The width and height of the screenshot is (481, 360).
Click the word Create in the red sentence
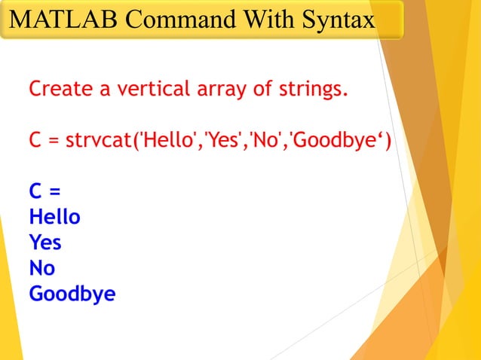point(61,90)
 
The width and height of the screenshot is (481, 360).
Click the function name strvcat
point(99,141)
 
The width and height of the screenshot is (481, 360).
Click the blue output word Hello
point(54,217)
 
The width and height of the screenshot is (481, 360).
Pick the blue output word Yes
point(45,243)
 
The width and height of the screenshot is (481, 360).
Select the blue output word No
point(41,268)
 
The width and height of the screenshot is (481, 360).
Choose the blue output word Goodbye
point(72,294)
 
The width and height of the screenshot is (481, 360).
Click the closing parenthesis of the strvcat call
point(387,141)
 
